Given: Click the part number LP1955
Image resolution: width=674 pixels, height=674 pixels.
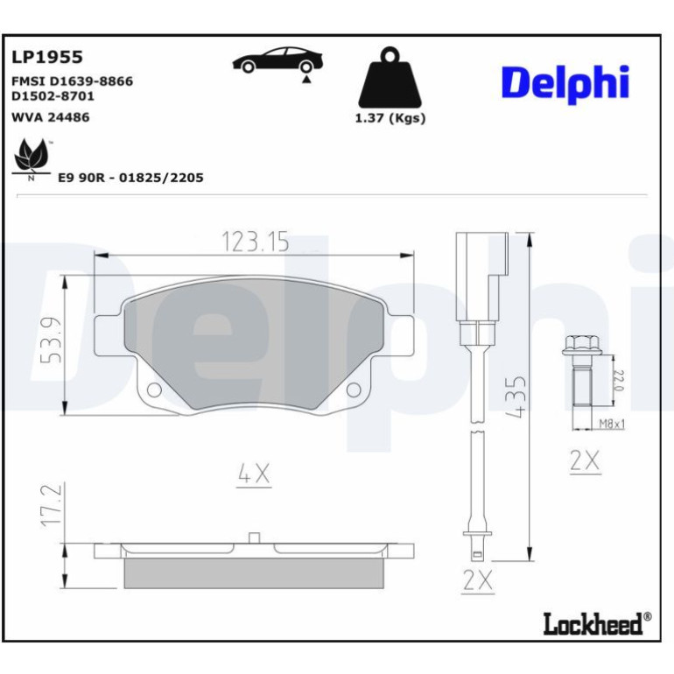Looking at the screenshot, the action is (47, 57).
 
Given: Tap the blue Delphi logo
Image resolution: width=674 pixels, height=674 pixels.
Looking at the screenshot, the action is (565, 84).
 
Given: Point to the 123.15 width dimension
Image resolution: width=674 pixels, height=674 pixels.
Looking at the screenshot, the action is (256, 242).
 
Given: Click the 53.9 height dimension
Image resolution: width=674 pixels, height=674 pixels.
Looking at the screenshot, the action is (52, 341).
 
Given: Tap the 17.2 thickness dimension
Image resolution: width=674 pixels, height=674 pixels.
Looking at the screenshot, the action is (52, 506).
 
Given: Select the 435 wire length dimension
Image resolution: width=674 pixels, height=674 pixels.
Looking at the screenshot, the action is (516, 397).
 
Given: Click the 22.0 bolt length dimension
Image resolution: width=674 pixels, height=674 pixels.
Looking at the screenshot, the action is (619, 381).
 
